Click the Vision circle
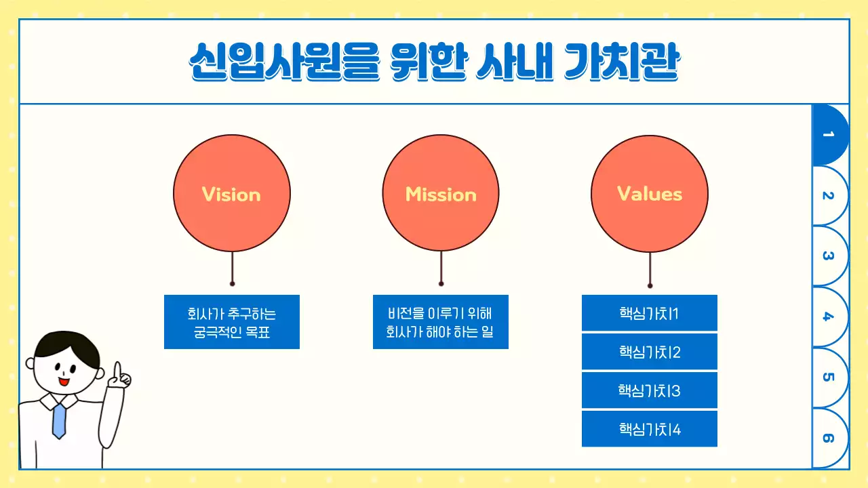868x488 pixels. click(232, 194)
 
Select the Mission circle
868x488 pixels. click(441, 194)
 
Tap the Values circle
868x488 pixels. click(650, 194)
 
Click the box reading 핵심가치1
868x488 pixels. click(649, 313)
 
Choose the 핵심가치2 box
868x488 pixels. click(649, 352)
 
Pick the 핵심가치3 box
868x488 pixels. click(649, 390)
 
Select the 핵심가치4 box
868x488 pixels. click(649, 429)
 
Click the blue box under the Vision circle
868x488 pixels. click(232, 322)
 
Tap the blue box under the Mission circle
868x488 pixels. click(441, 322)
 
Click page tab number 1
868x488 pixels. click(829, 135)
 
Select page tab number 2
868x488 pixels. click(829, 196)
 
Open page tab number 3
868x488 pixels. click(829, 256)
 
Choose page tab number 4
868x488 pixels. click(829, 317)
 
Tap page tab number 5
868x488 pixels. click(829, 377)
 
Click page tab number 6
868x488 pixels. click(829, 438)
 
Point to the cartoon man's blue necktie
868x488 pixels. click(60, 419)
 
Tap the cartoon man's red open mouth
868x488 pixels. click(64, 382)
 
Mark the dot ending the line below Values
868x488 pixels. click(650, 285)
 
